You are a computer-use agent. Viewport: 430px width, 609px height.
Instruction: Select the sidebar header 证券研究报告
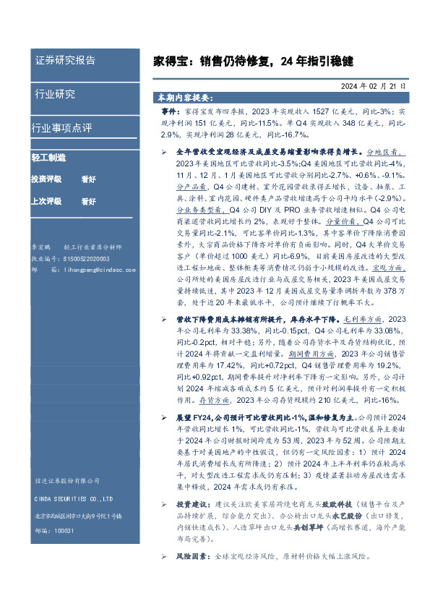tap(65, 60)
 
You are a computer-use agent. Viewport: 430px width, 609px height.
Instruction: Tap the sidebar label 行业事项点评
tap(61, 128)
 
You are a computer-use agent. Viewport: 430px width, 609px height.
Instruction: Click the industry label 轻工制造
tap(48, 157)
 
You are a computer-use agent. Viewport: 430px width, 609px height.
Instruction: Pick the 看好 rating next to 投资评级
tap(89, 179)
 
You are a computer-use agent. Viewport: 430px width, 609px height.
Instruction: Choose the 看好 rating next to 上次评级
tap(89, 201)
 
